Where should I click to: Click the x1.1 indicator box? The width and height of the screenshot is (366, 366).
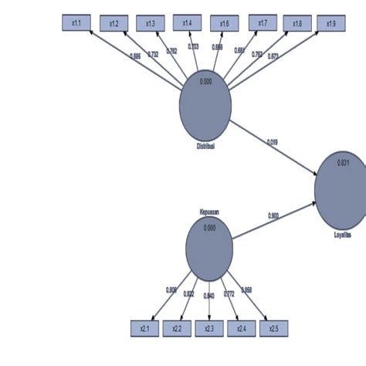pos(76,24)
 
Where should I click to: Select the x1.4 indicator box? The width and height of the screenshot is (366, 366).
pos(187,24)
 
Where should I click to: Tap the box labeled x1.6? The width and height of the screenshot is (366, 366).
pos(224,24)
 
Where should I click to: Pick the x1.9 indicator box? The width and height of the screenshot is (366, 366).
pos(330,24)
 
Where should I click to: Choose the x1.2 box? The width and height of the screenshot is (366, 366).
pos(114,24)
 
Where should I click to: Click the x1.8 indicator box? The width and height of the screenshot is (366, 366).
pos(297,24)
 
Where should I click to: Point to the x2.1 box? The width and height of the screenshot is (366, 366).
pos(145,328)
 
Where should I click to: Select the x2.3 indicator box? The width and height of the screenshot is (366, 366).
pos(209,328)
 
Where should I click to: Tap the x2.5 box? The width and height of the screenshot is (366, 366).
pos(273,328)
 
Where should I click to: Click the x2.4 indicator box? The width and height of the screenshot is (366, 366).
pos(241,328)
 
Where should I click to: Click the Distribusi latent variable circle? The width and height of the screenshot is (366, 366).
pos(205,109)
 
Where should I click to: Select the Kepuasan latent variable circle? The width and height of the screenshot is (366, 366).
pos(209,248)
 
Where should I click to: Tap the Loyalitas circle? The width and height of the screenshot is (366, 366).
pos(342,189)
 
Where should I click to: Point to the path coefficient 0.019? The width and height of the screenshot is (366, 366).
pos(273,141)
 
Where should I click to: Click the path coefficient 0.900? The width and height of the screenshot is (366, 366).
pos(273,215)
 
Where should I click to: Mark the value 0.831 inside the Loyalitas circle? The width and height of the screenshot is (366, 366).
pos(344,162)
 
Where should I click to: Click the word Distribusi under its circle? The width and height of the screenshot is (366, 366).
pos(205,145)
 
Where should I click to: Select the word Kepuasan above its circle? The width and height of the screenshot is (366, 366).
pos(209,210)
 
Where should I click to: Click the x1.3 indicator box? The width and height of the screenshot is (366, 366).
pos(150,24)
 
